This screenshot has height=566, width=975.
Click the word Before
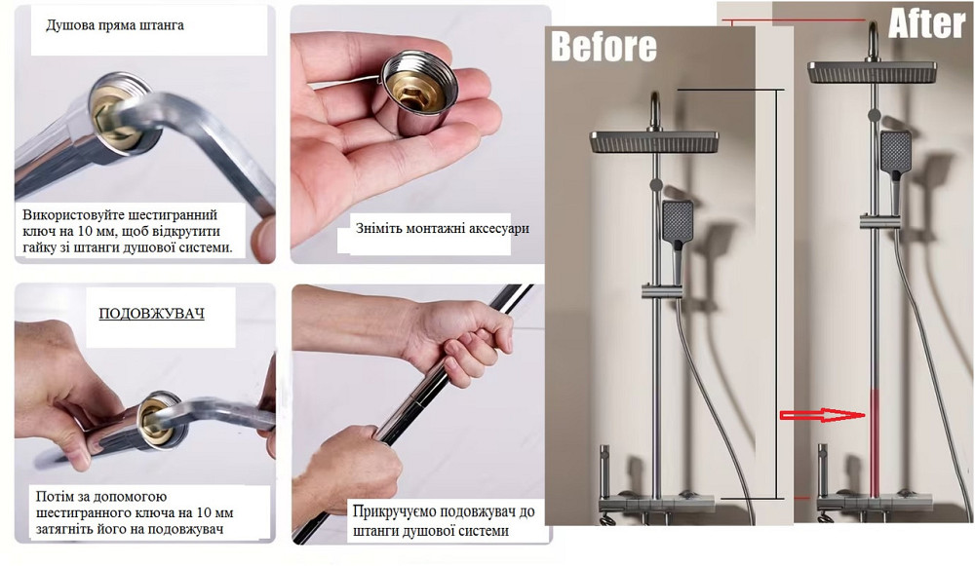pos(604,47)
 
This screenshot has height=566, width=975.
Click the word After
pos(926,23)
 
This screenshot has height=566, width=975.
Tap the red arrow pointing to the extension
pos(823,416)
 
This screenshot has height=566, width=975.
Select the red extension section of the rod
pos(875,442)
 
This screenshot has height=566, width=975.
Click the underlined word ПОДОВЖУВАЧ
pos(152,313)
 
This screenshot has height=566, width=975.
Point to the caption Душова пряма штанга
pos(115,25)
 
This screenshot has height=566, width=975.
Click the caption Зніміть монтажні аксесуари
pos(442,228)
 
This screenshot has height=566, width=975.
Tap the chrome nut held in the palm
pos(418,93)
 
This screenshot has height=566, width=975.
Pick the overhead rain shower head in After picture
pos(873,71)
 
